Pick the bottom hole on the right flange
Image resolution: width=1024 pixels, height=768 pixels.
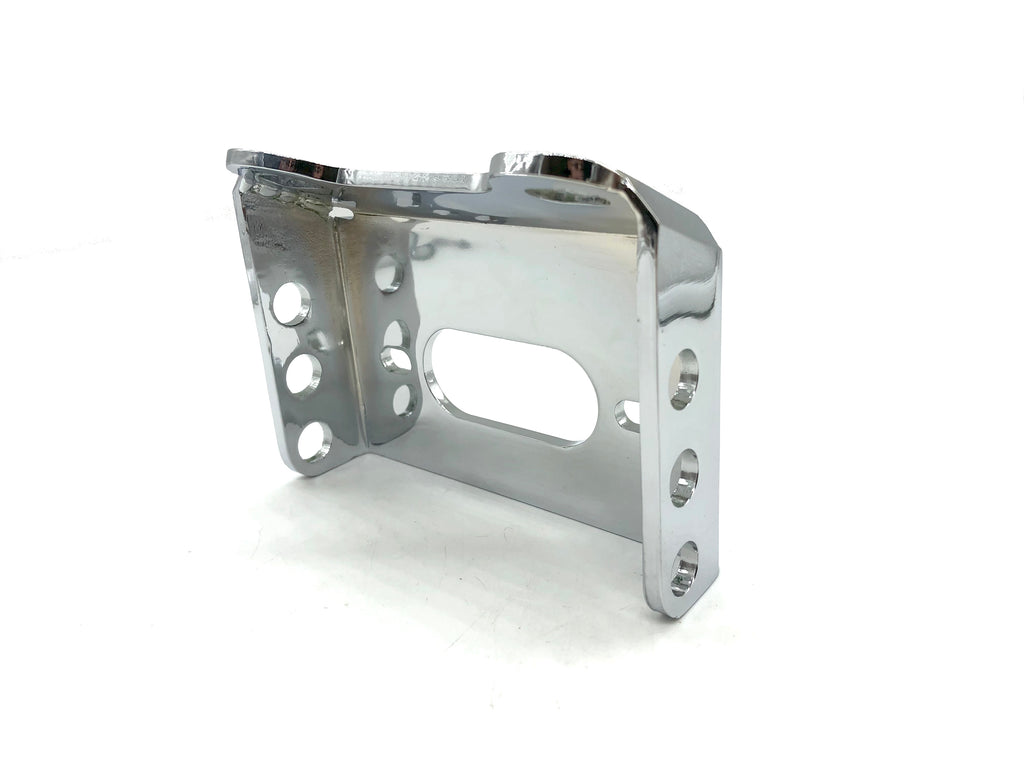click(x=684, y=567)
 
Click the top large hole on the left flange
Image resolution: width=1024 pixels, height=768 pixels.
click(x=290, y=303)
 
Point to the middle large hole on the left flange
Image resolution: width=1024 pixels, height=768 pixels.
click(x=303, y=374)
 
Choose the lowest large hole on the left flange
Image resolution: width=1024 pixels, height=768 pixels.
click(x=314, y=441)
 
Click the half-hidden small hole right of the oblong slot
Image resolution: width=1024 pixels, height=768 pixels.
click(x=628, y=415)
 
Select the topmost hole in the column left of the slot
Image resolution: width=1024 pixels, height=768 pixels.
click(x=389, y=273)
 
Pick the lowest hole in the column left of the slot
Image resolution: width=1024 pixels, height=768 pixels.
click(x=403, y=401)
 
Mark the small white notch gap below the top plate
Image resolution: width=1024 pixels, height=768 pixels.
click(x=341, y=212)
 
